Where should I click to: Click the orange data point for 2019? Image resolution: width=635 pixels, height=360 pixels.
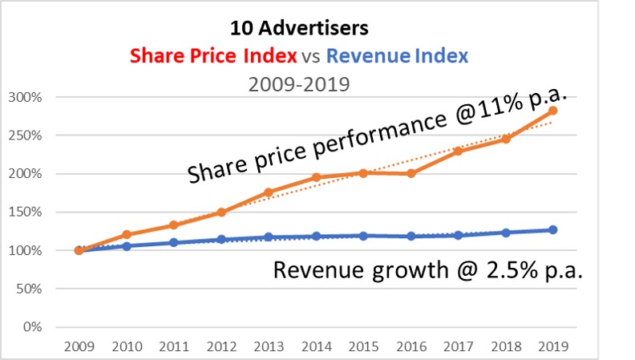tap(552, 111)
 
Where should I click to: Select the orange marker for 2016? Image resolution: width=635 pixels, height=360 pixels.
tap(411, 173)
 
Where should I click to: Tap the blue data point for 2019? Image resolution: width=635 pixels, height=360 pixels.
tap(552, 230)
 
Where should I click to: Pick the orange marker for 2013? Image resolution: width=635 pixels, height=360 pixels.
tap(268, 192)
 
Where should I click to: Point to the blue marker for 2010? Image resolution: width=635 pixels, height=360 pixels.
tap(126, 246)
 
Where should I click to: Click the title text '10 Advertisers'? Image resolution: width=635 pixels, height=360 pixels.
tap(299, 29)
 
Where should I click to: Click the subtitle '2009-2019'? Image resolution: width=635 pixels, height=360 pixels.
tap(299, 83)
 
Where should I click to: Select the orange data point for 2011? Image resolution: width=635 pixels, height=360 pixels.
tap(173, 225)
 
